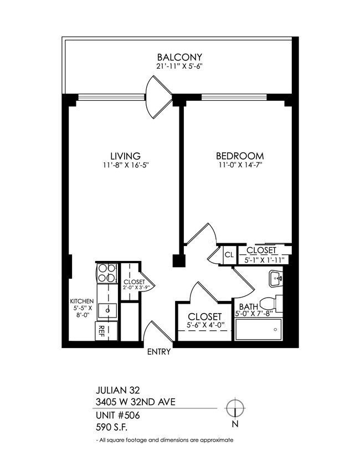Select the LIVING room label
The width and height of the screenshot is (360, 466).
click(125, 156)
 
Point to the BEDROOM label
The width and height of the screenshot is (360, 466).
click(239, 156)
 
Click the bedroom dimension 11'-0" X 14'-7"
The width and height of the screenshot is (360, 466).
click(239, 165)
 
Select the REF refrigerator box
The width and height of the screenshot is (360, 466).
click(102, 331)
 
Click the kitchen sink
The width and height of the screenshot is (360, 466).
click(107, 309)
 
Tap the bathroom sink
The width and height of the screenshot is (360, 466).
click(275, 279)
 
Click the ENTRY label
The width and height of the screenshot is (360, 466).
click(159, 352)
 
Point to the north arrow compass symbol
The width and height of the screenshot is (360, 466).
click(235, 408)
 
